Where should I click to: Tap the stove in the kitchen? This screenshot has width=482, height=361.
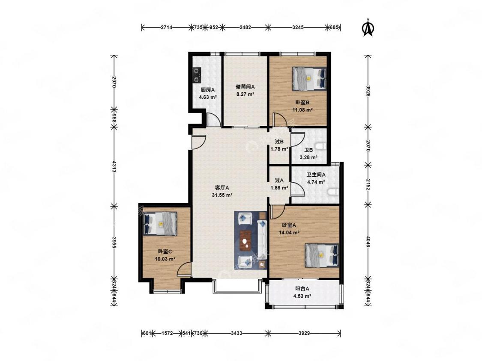[197, 75]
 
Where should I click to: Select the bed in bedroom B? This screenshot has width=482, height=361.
[309, 79]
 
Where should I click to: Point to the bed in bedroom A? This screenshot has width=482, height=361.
[322, 255]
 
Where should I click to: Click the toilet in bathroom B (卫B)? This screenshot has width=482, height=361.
[321, 146]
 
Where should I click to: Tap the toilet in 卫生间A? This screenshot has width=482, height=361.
[332, 192]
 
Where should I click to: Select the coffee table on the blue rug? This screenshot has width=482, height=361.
[245, 240]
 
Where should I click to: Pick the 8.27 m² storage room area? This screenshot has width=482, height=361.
[245, 95]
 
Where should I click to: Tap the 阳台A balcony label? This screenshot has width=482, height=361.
[302, 289]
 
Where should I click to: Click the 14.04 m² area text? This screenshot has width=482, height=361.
[289, 233]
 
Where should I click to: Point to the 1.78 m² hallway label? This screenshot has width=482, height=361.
[279, 150]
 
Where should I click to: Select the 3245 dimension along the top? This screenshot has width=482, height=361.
[298, 27]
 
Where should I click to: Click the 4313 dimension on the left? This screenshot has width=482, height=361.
[114, 167]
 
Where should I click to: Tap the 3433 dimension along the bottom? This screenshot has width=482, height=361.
[237, 333]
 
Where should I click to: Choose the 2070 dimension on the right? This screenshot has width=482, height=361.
[368, 145]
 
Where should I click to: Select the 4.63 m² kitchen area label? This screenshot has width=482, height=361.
[208, 98]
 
